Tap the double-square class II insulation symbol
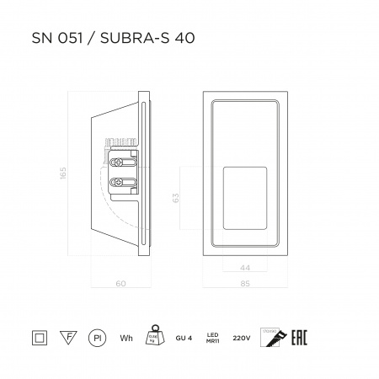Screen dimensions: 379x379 coord(37,338)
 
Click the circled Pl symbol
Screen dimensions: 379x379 coord(96,338)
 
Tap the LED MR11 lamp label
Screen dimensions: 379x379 coord(213,338)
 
